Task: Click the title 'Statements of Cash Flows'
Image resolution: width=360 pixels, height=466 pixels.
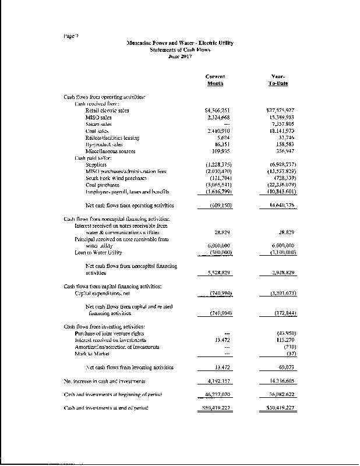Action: [179, 50]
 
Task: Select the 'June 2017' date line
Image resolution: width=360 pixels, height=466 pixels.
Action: [179, 56]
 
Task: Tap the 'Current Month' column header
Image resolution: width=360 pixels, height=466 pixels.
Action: [216, 80]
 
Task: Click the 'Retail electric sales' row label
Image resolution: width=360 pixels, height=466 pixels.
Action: [107, 110]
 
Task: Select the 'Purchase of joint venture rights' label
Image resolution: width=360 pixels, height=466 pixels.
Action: [112, 333]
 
